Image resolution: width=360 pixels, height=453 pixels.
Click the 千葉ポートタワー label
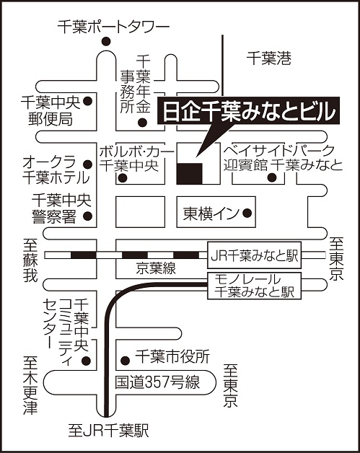[x=113, y=27]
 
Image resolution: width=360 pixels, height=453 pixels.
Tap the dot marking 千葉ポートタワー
[x=106, y=42]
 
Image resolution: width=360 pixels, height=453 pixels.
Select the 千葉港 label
[x=268, y=58]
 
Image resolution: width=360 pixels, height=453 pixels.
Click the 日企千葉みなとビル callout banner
[x=248, y=111]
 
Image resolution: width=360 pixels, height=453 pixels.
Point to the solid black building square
[x=190, y=173]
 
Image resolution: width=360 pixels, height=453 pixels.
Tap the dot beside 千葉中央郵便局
[x=87, y=101]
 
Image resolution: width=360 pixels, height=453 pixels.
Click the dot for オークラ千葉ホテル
[x=87, y=164]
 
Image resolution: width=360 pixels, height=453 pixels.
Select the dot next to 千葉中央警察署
[x=87, y=216]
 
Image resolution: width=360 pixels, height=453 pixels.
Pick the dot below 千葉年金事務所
[x=142, y=123]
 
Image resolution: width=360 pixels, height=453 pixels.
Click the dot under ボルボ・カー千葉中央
[x=123, y=178]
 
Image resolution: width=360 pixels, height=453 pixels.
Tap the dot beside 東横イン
[x=247, y=214]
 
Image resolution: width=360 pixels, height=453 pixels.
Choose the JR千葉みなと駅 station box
[x=255, y=255]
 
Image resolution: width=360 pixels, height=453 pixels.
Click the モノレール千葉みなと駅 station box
[x=255, y=286]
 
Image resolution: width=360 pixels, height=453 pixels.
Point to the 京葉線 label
[x=156, y=268]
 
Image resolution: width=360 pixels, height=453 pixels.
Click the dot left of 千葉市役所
[x=125, y=360]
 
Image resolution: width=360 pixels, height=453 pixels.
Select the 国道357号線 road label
[x=157, y=382]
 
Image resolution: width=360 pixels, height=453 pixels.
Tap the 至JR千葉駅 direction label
[x=108, y=431]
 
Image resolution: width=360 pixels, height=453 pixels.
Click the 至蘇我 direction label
[x=30, y=260]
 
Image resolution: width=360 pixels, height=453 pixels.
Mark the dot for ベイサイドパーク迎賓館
[x=272, y=177]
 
